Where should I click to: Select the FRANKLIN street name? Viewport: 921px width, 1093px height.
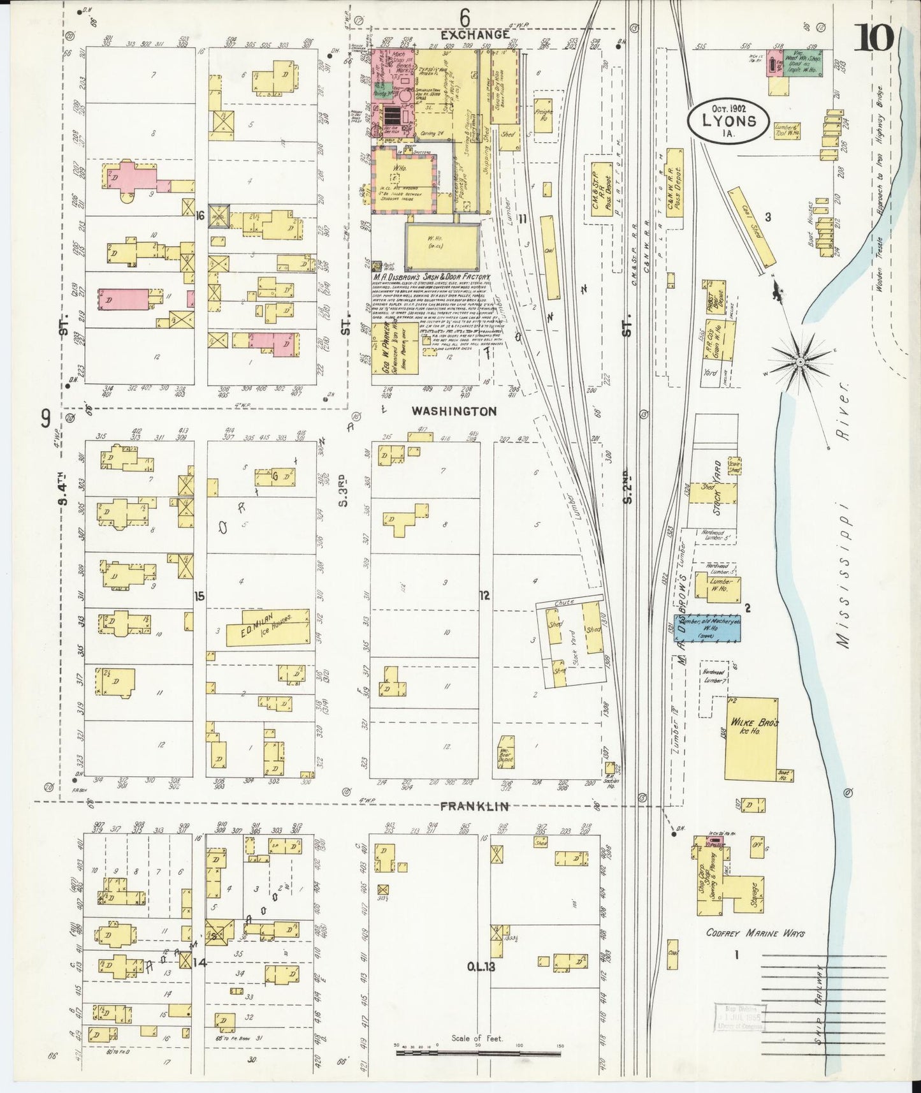[x=475, y=807]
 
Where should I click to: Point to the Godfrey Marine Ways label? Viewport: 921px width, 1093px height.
[x=755, y=933]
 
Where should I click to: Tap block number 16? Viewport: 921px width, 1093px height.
[x=200, y=216]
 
